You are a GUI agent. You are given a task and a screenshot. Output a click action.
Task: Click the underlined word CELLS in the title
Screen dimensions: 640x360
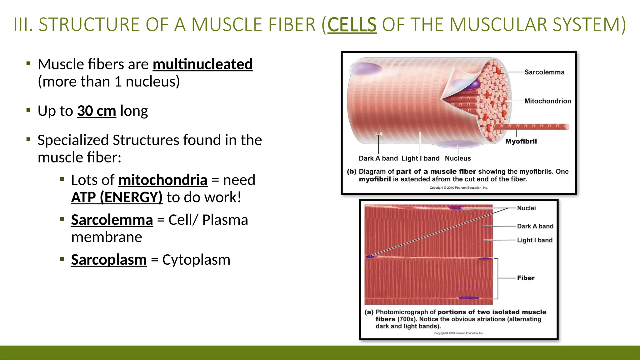pos(352,25)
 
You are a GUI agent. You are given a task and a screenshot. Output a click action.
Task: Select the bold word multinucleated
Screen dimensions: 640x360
pos(202,64)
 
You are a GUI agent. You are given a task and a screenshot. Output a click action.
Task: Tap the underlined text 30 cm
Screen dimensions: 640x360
pos(97,111)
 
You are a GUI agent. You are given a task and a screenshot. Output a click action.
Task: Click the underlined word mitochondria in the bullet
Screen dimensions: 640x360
pos(163,180)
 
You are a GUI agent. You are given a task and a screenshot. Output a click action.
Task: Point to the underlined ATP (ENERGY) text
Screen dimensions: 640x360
pos(117,197)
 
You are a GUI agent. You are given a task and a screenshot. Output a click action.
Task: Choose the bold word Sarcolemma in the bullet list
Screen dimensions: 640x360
pos(112,220)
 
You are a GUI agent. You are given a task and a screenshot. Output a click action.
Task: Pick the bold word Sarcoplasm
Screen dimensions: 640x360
pos(109,260)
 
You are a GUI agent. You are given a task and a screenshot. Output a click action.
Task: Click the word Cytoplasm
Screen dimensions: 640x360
pos(196,260)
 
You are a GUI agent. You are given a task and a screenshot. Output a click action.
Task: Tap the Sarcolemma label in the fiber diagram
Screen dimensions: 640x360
pos(544,72)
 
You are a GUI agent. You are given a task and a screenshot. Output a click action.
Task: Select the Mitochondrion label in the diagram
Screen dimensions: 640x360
pos(547,101)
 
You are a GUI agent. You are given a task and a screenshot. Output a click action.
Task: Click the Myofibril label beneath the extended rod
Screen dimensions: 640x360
pos(521,141)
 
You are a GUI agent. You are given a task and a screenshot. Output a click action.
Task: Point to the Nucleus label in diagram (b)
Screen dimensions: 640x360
pos(458,158)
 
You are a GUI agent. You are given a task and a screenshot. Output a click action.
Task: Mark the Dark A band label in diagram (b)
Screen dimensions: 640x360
pos(378,158)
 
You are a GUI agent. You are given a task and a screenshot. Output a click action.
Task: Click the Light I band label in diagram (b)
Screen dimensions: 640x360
pos(420,158)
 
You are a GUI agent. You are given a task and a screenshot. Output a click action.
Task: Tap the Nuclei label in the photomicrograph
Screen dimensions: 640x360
pos(526,208)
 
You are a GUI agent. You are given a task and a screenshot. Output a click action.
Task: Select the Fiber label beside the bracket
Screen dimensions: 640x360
pos(526,278)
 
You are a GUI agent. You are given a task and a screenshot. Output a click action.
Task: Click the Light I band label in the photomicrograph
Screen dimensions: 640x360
pos(535,240)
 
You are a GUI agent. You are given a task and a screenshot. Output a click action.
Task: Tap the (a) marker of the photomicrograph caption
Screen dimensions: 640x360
pos(369,312)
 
